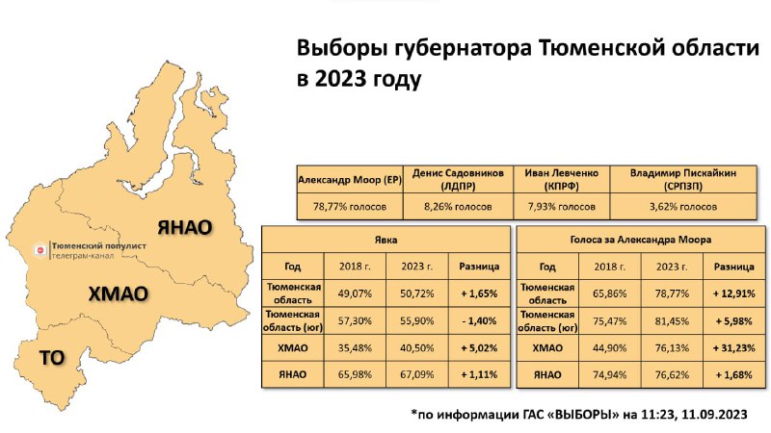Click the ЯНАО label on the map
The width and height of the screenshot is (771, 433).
185,227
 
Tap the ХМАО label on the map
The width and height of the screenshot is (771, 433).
118,293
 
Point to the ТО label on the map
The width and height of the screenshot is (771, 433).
52,357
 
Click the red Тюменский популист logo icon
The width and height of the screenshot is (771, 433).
40,250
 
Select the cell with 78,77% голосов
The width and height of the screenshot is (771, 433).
350,207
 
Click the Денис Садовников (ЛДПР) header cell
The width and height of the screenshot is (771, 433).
458,180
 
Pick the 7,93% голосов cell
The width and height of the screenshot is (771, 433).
562,207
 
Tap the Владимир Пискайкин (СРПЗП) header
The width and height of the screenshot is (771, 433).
683,180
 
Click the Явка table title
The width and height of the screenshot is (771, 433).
386,240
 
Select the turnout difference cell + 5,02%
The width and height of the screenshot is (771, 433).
479,348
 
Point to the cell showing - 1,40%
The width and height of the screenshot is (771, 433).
479,321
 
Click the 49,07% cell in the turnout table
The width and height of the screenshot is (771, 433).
355,293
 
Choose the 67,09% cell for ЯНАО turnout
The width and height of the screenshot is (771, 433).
417,374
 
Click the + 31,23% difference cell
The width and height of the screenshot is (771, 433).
734,348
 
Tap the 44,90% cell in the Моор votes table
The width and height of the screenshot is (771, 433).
610,348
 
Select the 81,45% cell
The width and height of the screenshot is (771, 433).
672,321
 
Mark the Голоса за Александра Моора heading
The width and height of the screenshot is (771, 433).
641,240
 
